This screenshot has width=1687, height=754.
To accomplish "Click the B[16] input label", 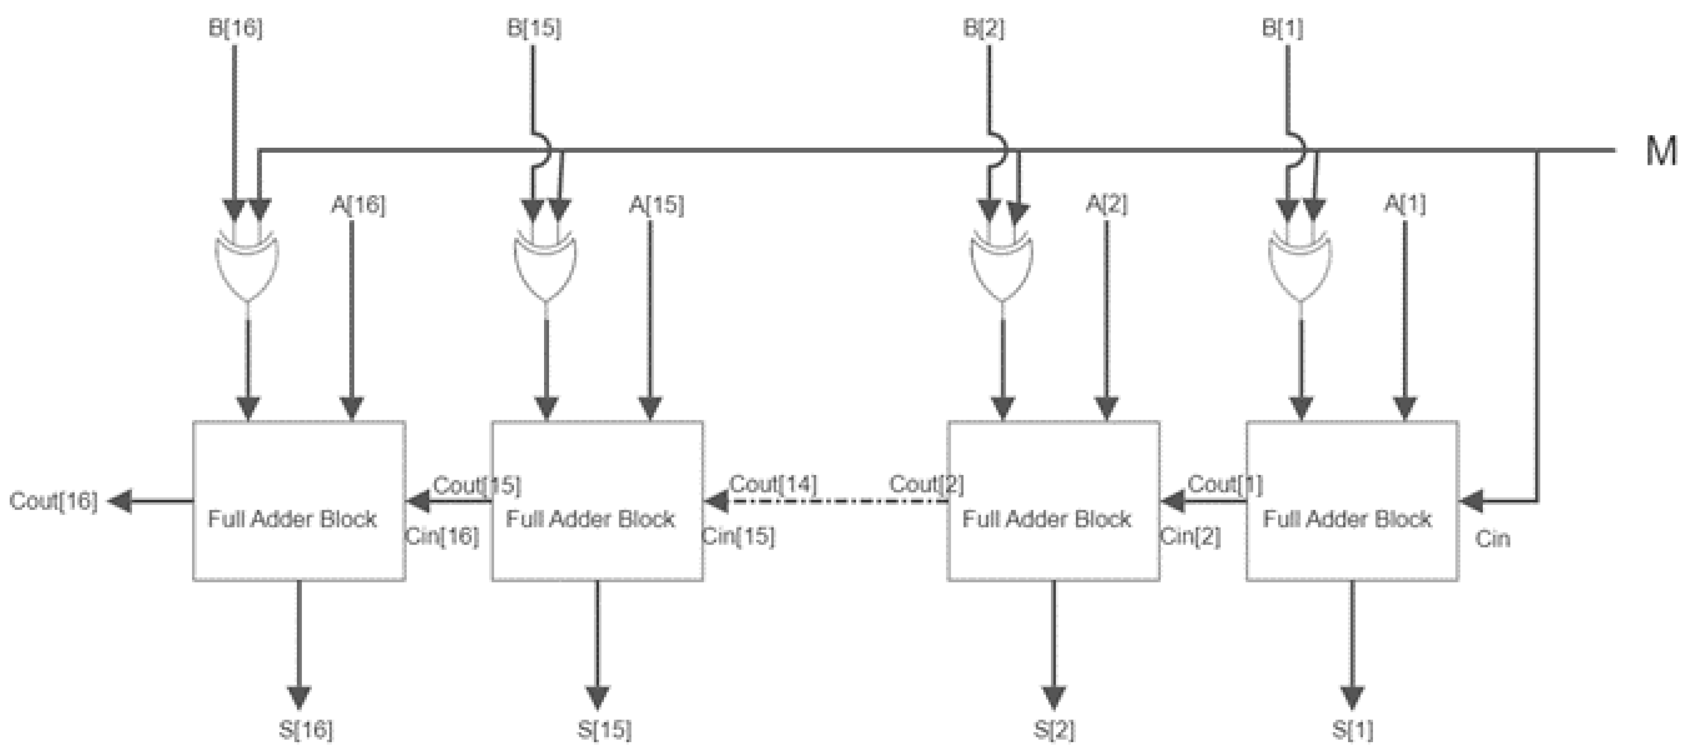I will click(235, 29).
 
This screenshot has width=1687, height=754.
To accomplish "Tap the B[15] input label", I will click(534, 29).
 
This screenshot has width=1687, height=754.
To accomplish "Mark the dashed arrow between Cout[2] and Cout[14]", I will click(832, 502).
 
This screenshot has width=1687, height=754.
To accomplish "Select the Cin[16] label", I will click(442, 537).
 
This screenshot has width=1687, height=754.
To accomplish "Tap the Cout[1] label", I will click(1225, 485).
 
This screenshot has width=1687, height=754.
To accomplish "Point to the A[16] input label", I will click(358, 205).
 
